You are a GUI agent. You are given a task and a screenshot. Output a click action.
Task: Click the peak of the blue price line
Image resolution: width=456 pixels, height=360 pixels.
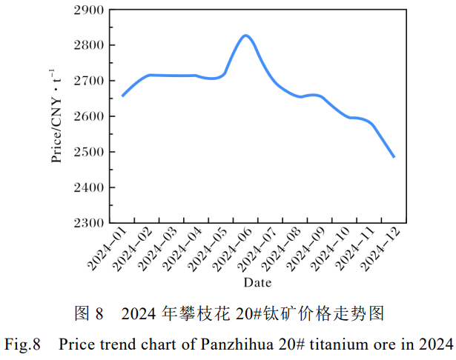tap(245, 35)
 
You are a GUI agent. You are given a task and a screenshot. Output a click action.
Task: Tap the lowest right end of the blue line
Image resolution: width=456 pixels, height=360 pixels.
tap(394, 157)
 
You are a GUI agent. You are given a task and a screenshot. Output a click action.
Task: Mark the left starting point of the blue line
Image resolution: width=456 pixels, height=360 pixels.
tap(122, 96)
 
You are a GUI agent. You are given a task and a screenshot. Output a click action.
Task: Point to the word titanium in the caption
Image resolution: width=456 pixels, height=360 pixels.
tap(332, 344)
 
